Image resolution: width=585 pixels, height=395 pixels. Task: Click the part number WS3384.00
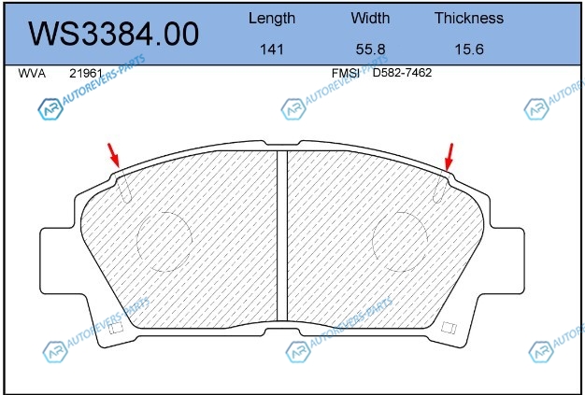(x=113, y=34)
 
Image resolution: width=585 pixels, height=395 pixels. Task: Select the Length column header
(x=272, y=19)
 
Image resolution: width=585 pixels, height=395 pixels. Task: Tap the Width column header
(x=370, y=18)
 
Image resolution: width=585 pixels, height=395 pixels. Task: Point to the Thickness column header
(x=469, y=18)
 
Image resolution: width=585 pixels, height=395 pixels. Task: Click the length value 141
(x=272, y=49)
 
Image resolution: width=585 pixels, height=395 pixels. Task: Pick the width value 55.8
(x=370, y=49)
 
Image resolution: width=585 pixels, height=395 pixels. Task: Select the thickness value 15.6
(x=469, y=49)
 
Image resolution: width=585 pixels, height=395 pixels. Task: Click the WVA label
(x=32, y=74)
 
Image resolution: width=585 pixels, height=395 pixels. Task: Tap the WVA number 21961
(x=86, y=74)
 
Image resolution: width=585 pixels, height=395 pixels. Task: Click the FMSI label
(x=346, y=73)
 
